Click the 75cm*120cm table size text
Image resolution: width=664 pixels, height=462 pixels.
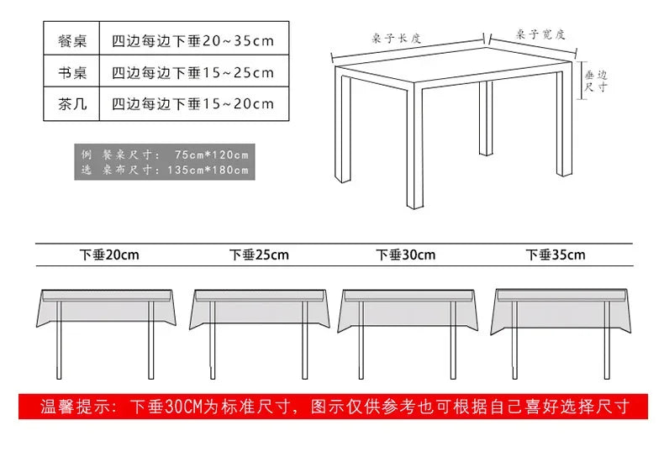(x=213, y=155)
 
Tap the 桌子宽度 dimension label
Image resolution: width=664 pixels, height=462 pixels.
(x=540, y=34)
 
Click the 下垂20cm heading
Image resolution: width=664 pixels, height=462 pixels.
(x=109, y=255)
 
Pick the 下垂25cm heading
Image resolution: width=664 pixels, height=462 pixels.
(x=259, y=255)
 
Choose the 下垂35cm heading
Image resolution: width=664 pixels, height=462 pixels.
(x=555, y=255)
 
